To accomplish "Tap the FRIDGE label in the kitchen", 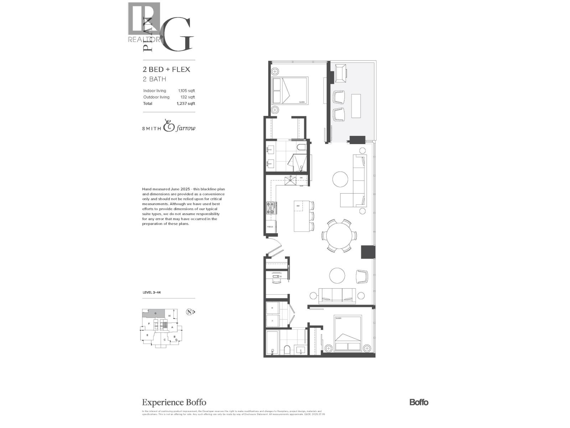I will point(270,227).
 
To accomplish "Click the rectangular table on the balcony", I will point(356,106).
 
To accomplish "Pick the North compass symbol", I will point(190,312).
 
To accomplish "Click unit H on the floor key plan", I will point(170,316).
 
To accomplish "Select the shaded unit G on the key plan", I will point(155,313).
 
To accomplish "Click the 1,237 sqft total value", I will point(186,103).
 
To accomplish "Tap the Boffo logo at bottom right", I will point(419,402).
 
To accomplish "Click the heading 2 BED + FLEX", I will point(166,69).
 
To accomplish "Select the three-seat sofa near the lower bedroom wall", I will point(337,295).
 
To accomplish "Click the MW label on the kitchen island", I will point(297,206).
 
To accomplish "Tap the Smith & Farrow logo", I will point(169,127).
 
